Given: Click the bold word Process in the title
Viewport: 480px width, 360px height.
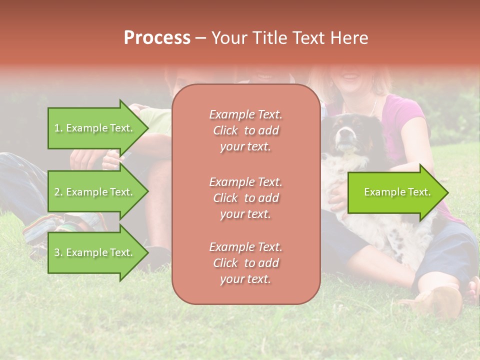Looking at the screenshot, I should pyautogui.click(x=157, y=38).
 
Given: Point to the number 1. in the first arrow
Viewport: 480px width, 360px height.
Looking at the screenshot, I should pyautogui.click(x=58, y=128).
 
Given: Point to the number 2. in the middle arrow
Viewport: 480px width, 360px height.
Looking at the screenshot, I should pyautogui.click(x=58, y=192).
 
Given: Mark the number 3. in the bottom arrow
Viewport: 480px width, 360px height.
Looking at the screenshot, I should pyautogui.click(x=58, y=252).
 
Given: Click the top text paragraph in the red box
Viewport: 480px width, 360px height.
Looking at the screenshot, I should pyautogui.click(x=245, y=130).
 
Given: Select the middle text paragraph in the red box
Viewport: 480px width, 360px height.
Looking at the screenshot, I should pyautogui.click(x=245, y=197).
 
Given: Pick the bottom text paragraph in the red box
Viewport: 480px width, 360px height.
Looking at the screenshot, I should pyautogui.click(x=245, y=263).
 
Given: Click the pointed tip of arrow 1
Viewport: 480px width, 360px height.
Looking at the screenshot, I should pyautogui.click(x=147, y=128).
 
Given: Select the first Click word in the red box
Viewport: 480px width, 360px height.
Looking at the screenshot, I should pyautogui.click(x=225, y=130).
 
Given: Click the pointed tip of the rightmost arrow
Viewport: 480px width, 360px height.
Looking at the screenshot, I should pyautogui.click(x=447, y=192).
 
